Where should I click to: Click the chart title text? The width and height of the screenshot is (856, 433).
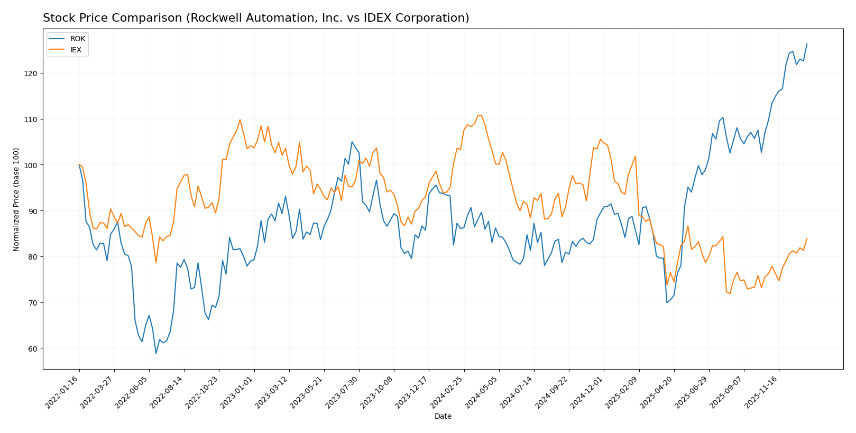pyautogui.click(x=256, y=18)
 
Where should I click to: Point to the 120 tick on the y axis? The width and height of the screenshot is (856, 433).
pyautogui.click(x=32, y=73)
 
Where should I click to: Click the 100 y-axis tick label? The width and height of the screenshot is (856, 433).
pyautogui.click(x=32, y=165)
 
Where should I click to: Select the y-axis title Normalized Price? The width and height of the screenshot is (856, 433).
pyautogui.click(x=16, y=199)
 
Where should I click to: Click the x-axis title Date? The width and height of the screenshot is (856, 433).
pyautogui.click(x=443, y=417)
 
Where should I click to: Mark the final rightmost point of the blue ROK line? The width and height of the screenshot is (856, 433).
pyautogui.click(x=807, y=44)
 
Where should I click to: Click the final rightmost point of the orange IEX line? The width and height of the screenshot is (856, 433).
pyautogui.click(x=807, y=238)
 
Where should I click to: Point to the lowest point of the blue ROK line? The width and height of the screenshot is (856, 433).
pyautogui.click(x=156, y=353)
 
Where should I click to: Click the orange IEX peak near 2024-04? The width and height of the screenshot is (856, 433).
pyautogui.click(x=480, y=115)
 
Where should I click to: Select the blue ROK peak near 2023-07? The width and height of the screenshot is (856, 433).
pyautogui.click(x=352, y=142)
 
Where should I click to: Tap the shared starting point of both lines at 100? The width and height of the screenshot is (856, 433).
pyautogui.click(x=79, y=165)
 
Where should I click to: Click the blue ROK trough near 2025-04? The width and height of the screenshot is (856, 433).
pyautogui.click(x=667, y=302)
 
